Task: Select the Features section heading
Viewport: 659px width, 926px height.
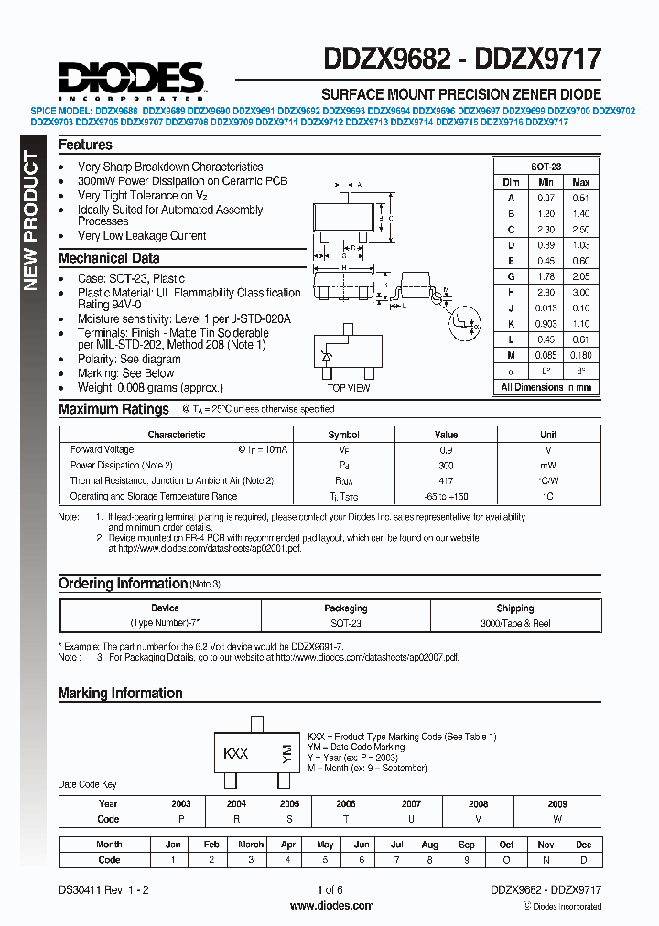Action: tap(85, 145)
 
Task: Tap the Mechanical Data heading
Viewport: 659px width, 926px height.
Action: tap(109, 258)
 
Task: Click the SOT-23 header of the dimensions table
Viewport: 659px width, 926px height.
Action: tap(546, 167)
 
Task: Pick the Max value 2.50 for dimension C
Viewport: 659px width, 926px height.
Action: tap(580, 230)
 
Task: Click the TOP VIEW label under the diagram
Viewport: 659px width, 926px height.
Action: tap(349, 388)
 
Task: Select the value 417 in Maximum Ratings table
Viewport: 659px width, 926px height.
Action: tap(446, 480)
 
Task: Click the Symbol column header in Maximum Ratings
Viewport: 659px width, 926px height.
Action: tap(343, 435)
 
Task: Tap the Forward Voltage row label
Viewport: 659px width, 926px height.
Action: tap(102, 449)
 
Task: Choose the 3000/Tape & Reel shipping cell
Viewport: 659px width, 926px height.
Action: tap(514, 623)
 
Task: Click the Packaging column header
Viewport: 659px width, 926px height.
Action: tap(345, 608)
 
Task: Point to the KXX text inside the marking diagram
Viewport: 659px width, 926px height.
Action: tap(236, 753)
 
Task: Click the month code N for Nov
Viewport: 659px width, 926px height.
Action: tap(546, 860)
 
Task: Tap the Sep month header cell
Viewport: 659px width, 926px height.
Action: tap(467, 845)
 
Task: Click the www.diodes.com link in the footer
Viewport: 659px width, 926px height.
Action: tap(330, 906)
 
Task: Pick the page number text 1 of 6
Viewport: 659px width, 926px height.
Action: tap(330, 890)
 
